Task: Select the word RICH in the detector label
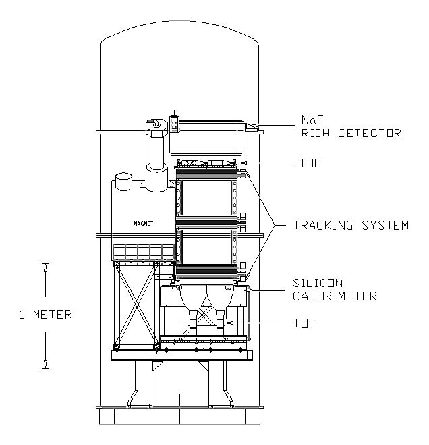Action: coord(314,133)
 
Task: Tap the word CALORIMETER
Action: coord(335,295)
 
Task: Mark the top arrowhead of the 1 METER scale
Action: coord(45,267)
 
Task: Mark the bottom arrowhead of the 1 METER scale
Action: coord(45,365)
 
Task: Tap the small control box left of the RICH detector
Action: coord(175,125)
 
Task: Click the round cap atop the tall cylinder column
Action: coord(156,124)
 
